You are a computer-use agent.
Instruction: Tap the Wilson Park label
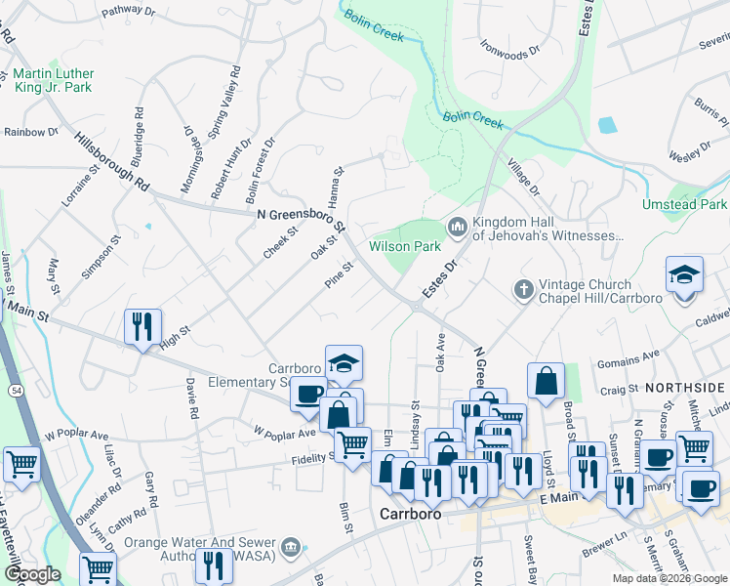pyautogui.click(x=405, y=247)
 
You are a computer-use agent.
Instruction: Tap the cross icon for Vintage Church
pyautogui.click(x=523, y=289)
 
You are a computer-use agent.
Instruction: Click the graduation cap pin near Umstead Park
pyautogui.click(x=684, y=275)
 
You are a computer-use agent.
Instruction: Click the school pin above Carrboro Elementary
pyautogui.click(x=344, y=363)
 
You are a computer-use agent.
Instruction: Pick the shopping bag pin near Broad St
pyautogui.click(x=547, y=381)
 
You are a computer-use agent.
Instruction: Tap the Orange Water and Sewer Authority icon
pyautogui.click(x=289, y=548)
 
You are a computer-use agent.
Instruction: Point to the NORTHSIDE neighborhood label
pyautogui.click(x=692, y=388)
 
